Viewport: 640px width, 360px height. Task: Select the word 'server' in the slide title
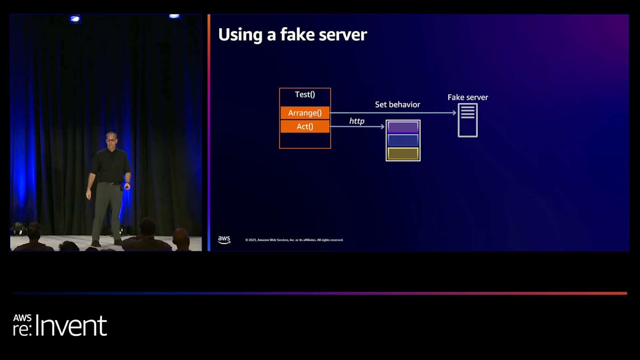[x=343, y=35]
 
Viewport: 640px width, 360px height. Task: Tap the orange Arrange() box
[x=305, y=113]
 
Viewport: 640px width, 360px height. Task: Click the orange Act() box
[x=305, y=126]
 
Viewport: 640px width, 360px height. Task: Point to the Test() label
[x=305, y=94]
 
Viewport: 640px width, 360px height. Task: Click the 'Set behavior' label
[x=397, y=105]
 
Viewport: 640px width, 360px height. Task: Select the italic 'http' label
[x=357, y=121]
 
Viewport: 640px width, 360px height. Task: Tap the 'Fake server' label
[x=468, y=97]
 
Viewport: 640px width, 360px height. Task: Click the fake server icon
[x=468, y=120]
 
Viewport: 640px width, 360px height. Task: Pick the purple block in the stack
[x=403, y=127]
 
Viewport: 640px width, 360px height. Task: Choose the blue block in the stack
[x=403, y=140]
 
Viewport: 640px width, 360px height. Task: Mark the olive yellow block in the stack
[x=403, y=154]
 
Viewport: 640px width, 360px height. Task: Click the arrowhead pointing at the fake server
[x=454, y=113]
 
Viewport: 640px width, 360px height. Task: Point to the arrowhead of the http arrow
[x=382, y=127]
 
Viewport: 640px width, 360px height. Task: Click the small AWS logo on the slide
[x=224, y=240]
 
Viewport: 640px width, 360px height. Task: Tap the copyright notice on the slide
[x=294, y=240]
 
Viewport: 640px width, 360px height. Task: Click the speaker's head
[x=111, y=140]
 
